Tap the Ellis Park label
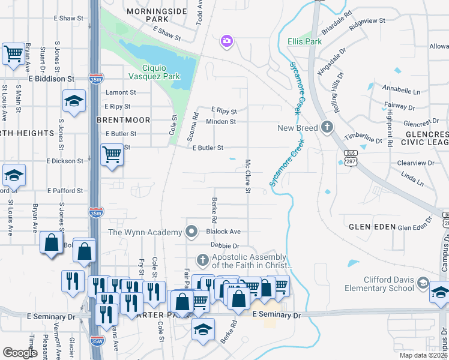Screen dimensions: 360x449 pyautogui.click(x=304, y=41)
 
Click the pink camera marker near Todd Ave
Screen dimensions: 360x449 pyautogui.click(x=227, y=41)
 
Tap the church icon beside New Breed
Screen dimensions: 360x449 pyautogui.click(x=327, y=127)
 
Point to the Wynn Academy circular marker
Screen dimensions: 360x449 pyautogui.click(x=192, y=231)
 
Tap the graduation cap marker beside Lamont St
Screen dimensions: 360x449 pyautogui.click(x=74, y=101)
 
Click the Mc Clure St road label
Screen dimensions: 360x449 pyautogui.click(x=247, y=176)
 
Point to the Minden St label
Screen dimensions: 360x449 pyautogui.click(x=221, y=121)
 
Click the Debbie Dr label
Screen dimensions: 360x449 pyautogui.click(x=225, y=245)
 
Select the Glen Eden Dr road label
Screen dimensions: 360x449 pyautogui.click(x=415, y=227)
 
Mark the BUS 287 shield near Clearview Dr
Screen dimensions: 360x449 pyautogui.click(x=349, y=157)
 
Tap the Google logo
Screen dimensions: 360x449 pyautogui.click(x=20, y=353)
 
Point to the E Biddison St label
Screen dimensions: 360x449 pyautogui.click(x=51, y=79)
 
